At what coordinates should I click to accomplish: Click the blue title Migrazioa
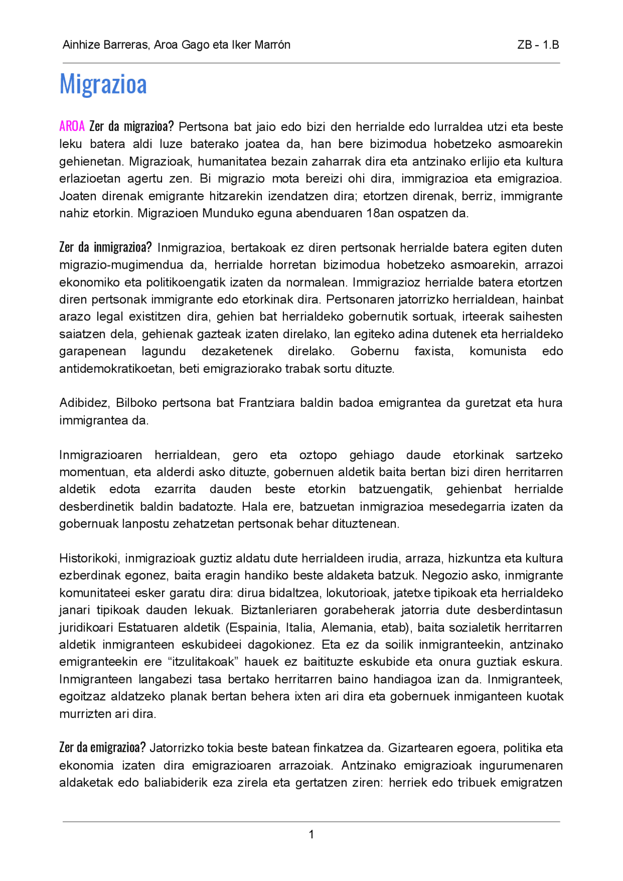pos(103,84)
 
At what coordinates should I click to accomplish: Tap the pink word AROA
pos(72,127)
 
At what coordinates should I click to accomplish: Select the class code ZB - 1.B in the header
pos(538,45)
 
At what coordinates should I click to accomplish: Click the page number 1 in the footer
pos(311,834)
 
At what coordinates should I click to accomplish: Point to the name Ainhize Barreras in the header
pos(105,45)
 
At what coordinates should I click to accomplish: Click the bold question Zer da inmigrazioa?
pos(106,248)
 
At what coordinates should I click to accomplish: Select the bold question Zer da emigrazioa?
pos(102,748)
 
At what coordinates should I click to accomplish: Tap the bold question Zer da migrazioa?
pos(131,127)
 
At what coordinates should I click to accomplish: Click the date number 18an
pos(380,213)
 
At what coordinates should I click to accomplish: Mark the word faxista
pos(434,351)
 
